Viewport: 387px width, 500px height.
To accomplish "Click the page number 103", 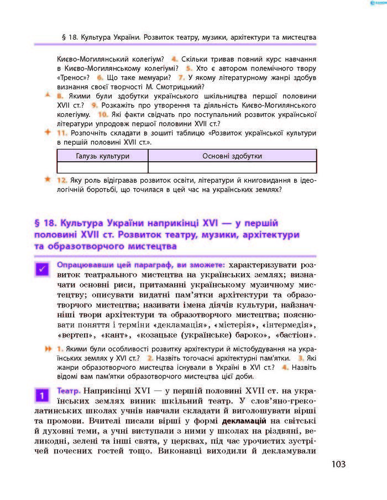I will pyautogui.click(x=339, y=464).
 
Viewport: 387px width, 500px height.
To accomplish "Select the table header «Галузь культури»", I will pyautogui.click(x=102, y=156).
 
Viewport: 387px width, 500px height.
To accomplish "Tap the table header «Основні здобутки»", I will pyautogui.click(x=232, y=156).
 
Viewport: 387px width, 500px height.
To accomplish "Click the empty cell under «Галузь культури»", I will pyautogui.click(x=102, y=167).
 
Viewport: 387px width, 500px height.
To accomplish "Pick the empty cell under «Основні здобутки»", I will pyautogui.click(x=232, y=167).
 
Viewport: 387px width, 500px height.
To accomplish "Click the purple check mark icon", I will pyautogui.click(x=42, y=269).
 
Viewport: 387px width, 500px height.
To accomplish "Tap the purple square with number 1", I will pyautogui.click(x=42, y=395).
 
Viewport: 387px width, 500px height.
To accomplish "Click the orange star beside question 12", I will pyautogui.click(x=48, y=180).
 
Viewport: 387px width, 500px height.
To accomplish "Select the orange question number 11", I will pyautogui.click(x=63, y=133).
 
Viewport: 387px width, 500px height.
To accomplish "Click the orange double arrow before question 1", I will pyautogui.click(x=49, y=349).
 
